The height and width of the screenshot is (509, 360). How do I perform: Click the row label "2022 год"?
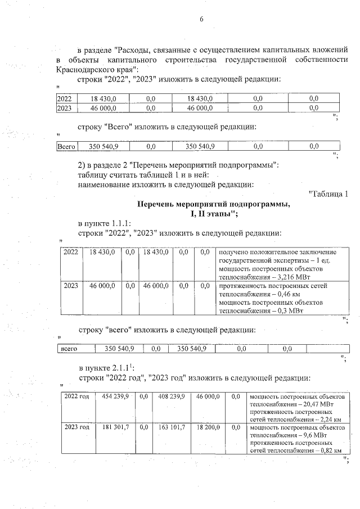pyautogui.click(x=76, y=397)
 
